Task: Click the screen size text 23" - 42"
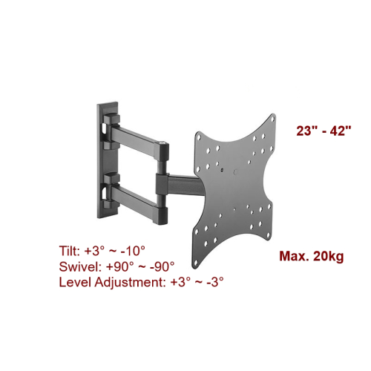click(x=324, y=131)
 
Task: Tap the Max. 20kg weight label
click(x=312, y=256)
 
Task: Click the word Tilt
click(x=69, y=251)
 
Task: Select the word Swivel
click(x=79, y=266)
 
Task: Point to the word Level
click(x=75, y=282)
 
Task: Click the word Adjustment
click(x=130, y=283)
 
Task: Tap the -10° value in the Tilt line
click(x=133, y=251)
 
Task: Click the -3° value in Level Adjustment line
click(x=215, y=282)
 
